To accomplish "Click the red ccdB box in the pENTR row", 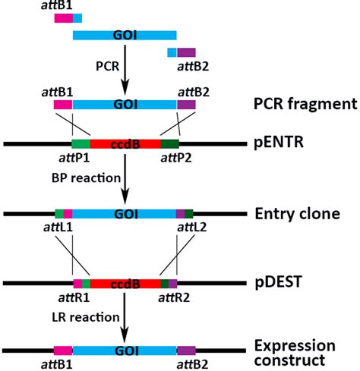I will click(x=125, y=143).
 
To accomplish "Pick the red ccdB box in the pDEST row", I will click(x=125, y=283).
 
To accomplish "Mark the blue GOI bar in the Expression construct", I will click(x=125, y=351).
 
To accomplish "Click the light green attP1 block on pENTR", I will click(x=81, y=143).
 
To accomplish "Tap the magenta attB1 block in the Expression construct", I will click(x=63, y=351).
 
